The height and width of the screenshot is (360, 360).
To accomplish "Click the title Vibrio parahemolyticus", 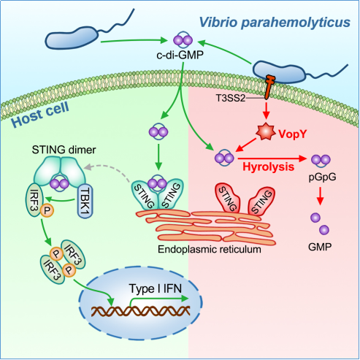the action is click(x=275, y=23).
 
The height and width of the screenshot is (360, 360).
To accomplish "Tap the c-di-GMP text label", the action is click(x=180, y=55).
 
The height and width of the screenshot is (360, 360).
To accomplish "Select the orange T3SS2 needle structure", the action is click(x=269, y=87).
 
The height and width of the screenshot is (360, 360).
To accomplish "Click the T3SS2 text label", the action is click(x=231, y=98).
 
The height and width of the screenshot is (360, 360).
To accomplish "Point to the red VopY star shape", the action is click(x=265, y=131).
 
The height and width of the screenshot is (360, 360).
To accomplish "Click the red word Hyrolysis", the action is click(x=269, y=166).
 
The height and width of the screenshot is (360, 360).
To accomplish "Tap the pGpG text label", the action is click(x=322, y=177).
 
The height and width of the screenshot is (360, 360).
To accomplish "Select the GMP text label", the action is click(x=320, y=247).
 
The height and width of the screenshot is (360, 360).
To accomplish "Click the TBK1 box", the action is click(x=85, y=202).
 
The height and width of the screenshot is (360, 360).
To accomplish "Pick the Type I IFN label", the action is click(x=156, y=288).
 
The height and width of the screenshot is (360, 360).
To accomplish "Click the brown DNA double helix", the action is click(x=140, y=311).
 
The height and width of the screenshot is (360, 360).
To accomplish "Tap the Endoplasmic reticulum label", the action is click(x=210, y=250).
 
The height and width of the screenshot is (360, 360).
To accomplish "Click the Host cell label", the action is click(x=40, y=115).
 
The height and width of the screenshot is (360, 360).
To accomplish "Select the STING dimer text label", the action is click(x=64, y=150).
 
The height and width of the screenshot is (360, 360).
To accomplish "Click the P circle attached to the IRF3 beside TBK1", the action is click(x=47, y=210).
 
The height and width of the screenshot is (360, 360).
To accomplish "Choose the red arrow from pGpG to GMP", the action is click(x=321, y=196).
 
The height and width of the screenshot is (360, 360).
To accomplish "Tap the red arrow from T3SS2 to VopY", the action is click(x=267, y=111).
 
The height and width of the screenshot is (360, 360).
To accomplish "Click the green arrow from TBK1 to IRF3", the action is click(x=58, y=199).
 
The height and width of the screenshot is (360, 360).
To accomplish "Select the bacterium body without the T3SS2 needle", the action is click(x=72, y=38).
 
